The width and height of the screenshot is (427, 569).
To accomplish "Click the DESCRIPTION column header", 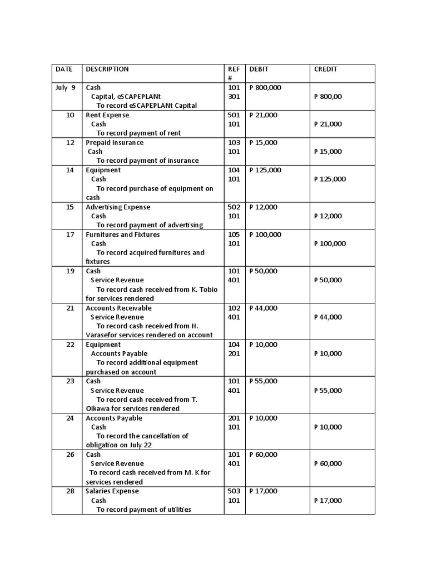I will point(107,69).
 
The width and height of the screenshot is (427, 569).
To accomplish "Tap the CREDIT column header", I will point(326,69).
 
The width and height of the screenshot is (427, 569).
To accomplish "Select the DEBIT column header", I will point(259,69).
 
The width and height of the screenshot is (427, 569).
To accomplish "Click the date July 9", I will point(65,88).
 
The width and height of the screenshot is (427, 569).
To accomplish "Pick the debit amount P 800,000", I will point(265,88).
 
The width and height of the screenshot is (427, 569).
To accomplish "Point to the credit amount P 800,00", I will point(328,97).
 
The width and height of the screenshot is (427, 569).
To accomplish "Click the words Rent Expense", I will point(107,115).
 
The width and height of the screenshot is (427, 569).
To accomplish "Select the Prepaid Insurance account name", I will point(115,143).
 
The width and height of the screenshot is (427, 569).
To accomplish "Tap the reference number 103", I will point(234,143).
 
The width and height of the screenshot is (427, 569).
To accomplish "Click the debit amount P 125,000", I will point(265,170).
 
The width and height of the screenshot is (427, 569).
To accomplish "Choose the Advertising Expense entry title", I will point(118,207).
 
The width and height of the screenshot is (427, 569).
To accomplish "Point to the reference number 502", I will point(234,207).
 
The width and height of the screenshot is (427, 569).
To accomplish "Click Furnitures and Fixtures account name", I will point(122,234).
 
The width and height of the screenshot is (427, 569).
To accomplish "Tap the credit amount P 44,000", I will point(328,317).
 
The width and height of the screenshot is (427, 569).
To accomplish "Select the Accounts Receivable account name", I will point(118,308).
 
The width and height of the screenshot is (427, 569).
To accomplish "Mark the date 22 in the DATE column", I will point(70,345).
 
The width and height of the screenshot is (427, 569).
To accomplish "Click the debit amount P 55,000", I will point(264,381).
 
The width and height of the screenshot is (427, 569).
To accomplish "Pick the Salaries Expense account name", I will point(112,491).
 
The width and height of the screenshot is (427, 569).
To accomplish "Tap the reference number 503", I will point(234,491).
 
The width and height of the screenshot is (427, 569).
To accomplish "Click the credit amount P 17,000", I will point(328,501).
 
